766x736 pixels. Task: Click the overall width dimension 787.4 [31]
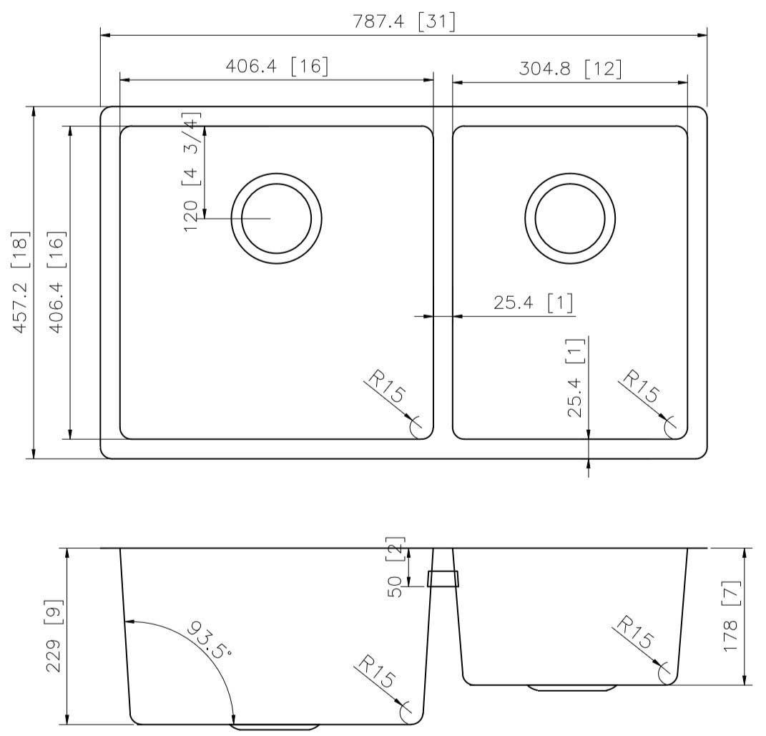404,22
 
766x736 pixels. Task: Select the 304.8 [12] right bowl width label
569,69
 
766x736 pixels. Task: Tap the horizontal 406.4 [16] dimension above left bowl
277,67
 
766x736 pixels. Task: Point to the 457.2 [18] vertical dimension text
21,282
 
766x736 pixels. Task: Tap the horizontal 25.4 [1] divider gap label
534,303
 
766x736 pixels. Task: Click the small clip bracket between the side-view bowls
443,578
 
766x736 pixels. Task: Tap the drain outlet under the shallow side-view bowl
572,688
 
